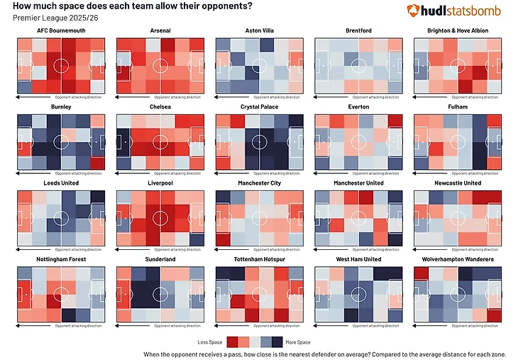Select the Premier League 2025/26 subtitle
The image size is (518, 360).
(44, 17)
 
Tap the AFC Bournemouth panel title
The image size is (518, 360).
(60, 31)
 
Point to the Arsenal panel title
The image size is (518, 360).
(160, 31)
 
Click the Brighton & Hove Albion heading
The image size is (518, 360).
(458, 31)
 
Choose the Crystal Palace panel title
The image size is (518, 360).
(259, 107)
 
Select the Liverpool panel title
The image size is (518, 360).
(160, 183)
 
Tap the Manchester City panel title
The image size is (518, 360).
(259, 183)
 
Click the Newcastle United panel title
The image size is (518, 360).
(458, 183)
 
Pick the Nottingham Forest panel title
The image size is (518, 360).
(60, 259)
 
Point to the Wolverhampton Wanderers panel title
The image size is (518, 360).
(458, 259)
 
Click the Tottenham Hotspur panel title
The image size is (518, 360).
(259, 259)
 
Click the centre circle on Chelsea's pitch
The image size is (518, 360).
(160, 141)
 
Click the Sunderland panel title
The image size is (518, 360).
(160, 259)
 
